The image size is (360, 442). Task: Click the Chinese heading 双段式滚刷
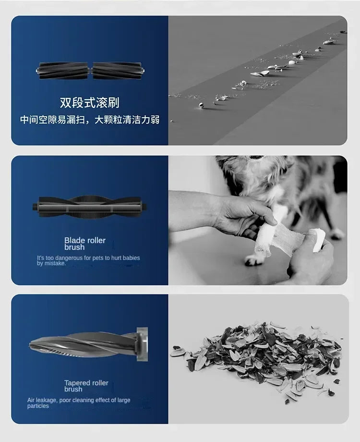[89, 102]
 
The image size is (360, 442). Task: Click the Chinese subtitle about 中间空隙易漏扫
[90, 120]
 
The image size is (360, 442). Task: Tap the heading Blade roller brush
[85, 244]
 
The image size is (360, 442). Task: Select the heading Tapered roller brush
[86, 386]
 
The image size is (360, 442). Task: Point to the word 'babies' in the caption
[131, 258]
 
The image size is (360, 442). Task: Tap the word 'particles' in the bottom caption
[38, 406]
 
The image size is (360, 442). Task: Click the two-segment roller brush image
[90, 71]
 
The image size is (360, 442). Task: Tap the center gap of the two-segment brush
[90, 71]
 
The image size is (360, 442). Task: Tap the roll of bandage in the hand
[317, 240]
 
